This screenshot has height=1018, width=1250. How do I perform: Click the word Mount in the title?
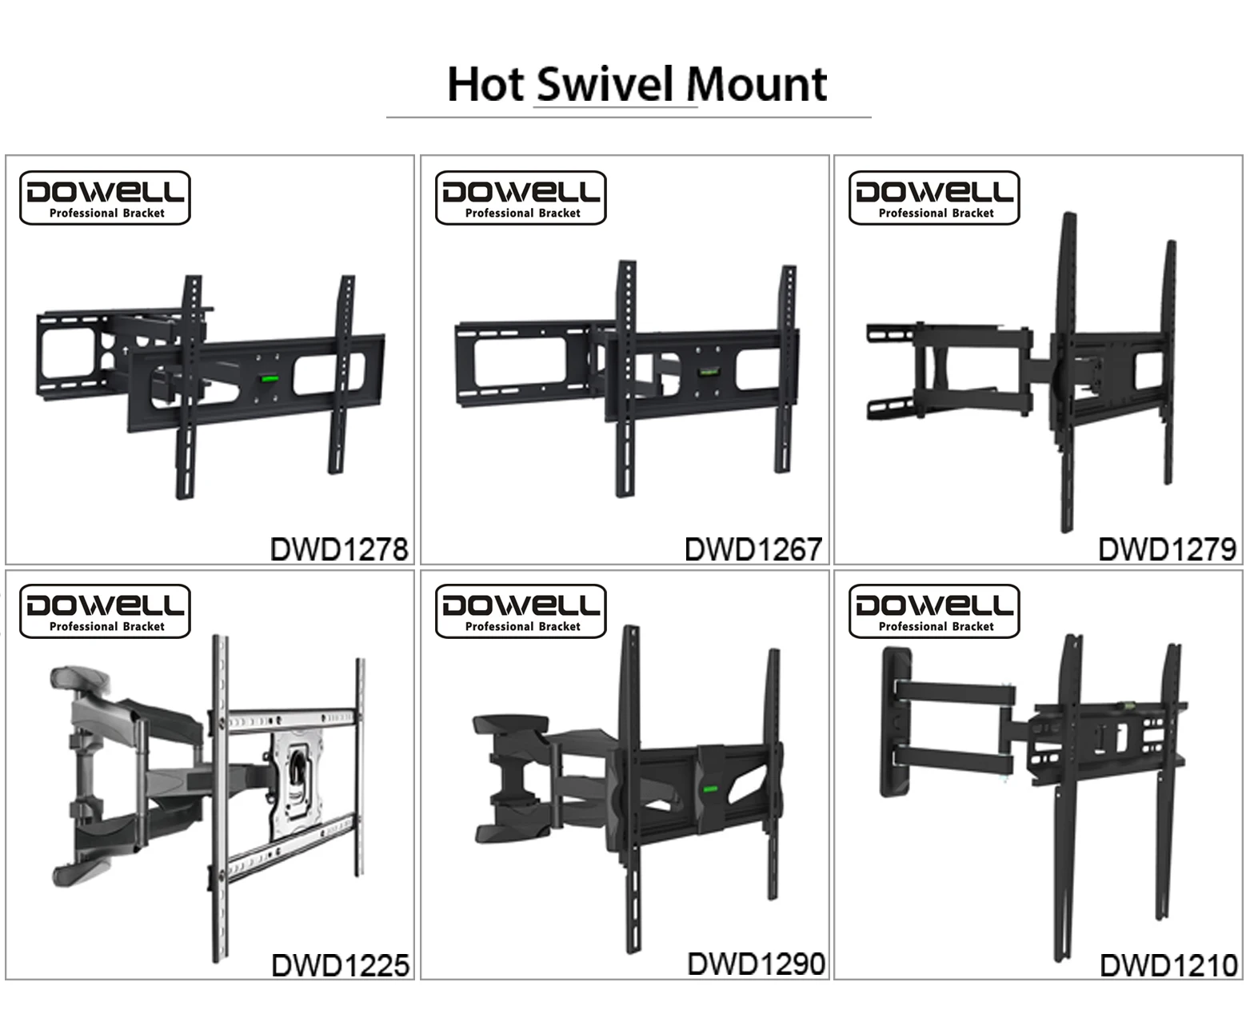pos(757,85)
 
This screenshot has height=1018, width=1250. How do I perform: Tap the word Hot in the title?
pos(485,85)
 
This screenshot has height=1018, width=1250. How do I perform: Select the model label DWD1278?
pos(339,549)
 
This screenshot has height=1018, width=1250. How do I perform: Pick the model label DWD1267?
pos(753,549)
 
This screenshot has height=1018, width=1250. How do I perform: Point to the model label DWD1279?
pos(1168,549)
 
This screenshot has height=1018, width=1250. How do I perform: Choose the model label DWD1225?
pos(341,965)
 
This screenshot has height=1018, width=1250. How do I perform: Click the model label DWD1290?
pos(756,964)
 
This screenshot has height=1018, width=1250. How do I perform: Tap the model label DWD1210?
pos(1169,965)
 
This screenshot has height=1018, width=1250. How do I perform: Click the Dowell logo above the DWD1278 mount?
pos(105,198)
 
